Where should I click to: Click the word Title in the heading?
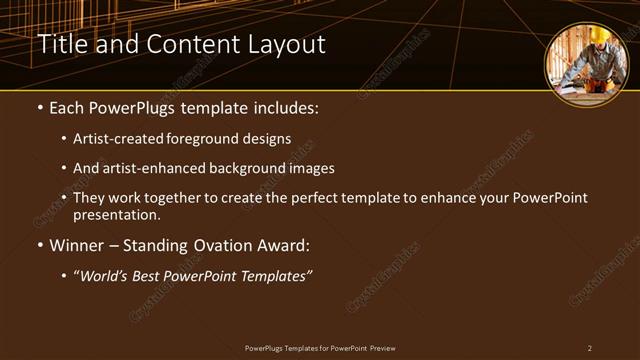click(x=60, y=45)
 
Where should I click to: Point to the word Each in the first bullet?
click(x=67, y=107)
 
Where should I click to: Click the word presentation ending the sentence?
click(x=115, y=214)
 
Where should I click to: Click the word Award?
click(x=283, y=245)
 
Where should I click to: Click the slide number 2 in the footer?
click(x=590, y=348)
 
